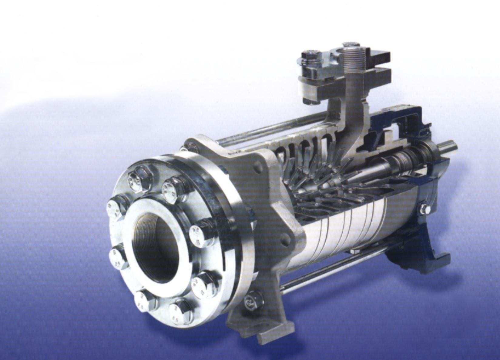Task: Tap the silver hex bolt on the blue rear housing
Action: pos(424,209)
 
